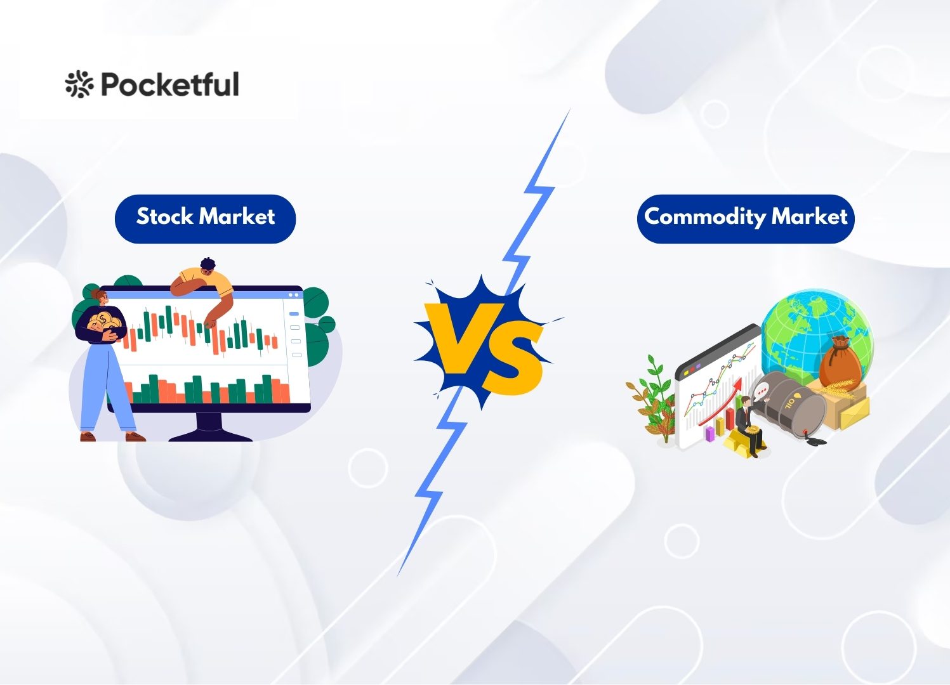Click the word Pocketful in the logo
[170, 84]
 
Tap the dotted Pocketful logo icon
[79, 84]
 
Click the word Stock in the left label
[164, 216]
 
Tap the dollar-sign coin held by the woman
[103, 319]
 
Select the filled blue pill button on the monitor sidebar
[293, 314]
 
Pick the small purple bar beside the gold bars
[710, 434]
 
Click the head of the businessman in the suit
[745, 400]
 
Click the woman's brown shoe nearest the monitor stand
[135, 436]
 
